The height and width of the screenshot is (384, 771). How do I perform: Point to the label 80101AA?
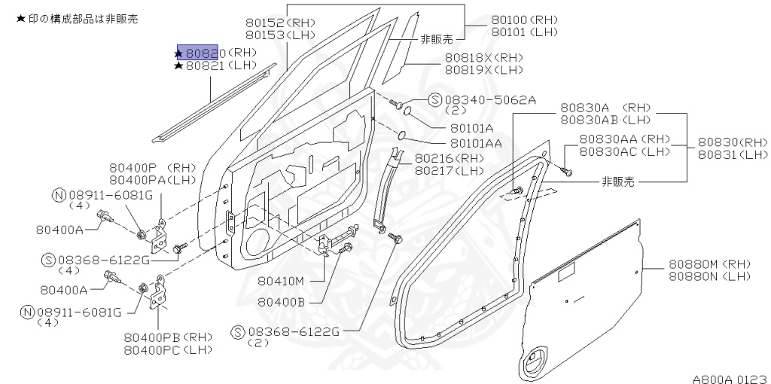coord(477,142)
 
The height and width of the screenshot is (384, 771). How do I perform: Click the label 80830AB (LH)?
coord(605,119)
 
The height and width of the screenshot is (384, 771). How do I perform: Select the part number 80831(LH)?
coord(733,154)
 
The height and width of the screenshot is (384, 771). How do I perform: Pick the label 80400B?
coord(280,302)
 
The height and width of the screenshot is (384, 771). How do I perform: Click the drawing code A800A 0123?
coord(730,373)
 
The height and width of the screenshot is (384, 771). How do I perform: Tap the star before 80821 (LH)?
coord(178,66)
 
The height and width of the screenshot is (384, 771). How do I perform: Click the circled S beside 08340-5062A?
coord(434,99)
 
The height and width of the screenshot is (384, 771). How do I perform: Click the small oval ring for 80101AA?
coord(403,136)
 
